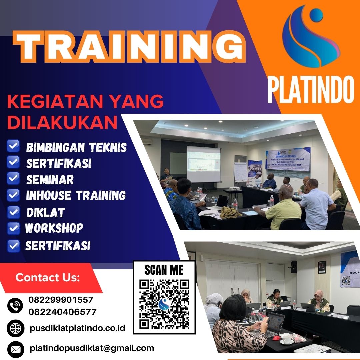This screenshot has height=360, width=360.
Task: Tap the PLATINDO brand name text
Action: (310, 89)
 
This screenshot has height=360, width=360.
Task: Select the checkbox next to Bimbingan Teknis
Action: (13, 146)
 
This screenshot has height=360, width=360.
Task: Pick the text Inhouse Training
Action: (76, 195)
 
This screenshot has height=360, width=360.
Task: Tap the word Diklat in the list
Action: (45, 213)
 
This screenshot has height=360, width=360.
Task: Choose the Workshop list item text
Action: (54, 228)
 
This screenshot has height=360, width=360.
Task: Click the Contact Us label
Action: (48, 277)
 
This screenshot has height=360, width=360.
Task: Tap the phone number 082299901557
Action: (61, 300)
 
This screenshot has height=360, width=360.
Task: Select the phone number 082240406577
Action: (63, 312)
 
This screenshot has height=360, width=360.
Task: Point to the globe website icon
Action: (15, 328)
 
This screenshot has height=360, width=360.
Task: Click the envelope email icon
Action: (15, 349)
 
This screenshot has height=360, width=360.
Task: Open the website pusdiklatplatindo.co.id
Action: (77, 328)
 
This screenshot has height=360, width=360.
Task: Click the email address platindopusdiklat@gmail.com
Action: (92, 348)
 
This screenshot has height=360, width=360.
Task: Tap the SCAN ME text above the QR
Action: (164, 269)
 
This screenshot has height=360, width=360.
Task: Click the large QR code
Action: (164, 304)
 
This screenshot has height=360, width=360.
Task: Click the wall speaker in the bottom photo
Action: (294, 267)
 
